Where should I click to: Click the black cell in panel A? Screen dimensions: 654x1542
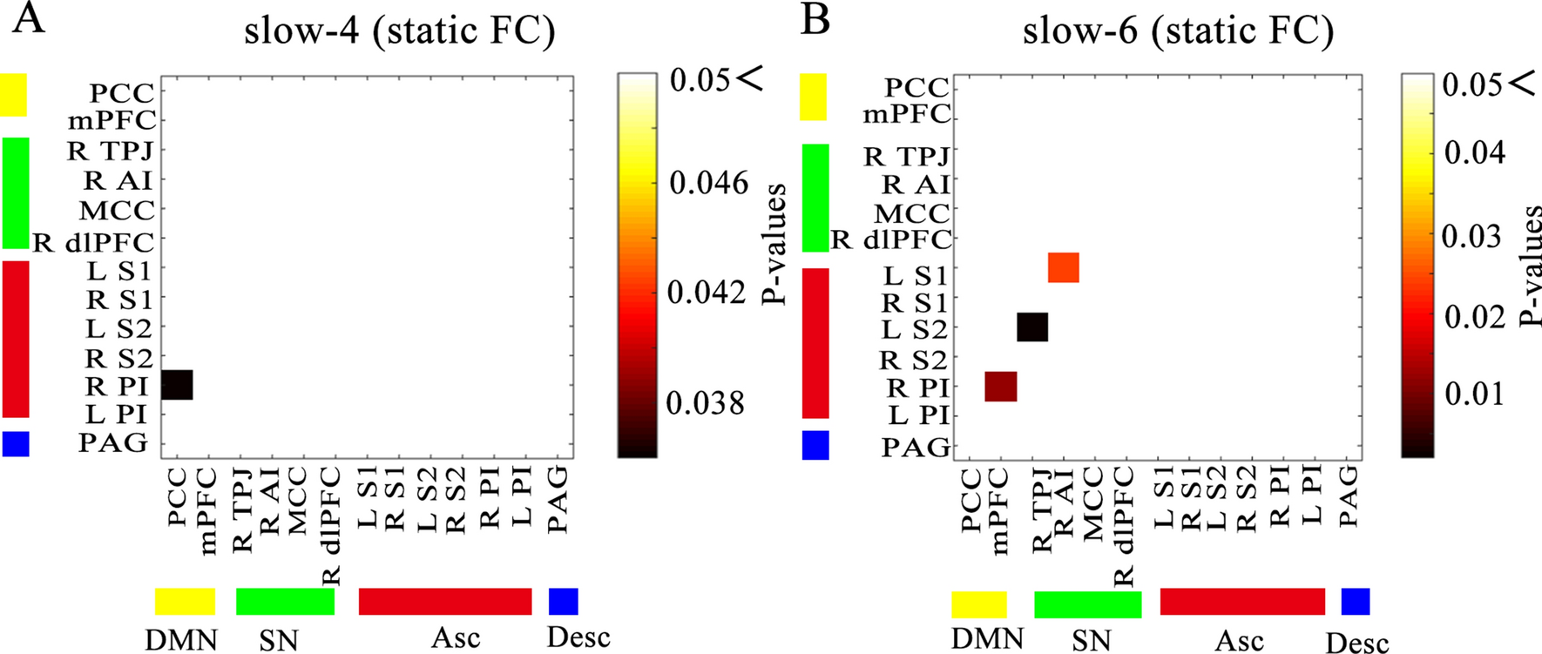pyautogui.click(x=178, y=385)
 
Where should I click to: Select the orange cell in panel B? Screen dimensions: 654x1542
pyautogui.click(x=1064, y=267)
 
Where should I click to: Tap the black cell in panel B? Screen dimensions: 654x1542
pyautogui.click(x=1032, y=327)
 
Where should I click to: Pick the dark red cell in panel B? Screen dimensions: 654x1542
pyautogui.click(x=1001, y=386)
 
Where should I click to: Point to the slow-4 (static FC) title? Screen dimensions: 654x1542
pyautogui.click(x=399, y=31)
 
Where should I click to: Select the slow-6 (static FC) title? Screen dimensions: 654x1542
pyautogui.click(x=1178, y=31)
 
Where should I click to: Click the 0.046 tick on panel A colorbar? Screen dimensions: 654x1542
pyautogui.click(x=708, y=183)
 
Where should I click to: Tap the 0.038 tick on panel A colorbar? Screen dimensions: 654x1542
pyautogui.click(x=706, y=403)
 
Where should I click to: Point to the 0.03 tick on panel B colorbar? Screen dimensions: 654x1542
pyautogui.click(x=1471, y=236)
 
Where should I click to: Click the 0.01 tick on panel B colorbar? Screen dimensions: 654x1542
pyautogui.click(x=1472, y=394)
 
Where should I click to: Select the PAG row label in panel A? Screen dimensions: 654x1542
pyautogui.click(x=114, y=443)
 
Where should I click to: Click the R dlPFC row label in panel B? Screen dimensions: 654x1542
pyautogui.click(x=891, y=239)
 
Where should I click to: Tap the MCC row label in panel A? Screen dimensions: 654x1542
pyautogui.click(x=117, y=211)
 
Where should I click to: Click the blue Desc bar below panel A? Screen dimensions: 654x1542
pyautogui.click(x=563, y=602)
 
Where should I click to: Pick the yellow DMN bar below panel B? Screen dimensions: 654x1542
pyautogui.click(x=978, y=604)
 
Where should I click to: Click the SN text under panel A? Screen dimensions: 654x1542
pyautogui.click(x=279, y=641)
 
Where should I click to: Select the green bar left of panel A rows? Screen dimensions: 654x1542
pyautogui.click(x=16, y=192)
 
